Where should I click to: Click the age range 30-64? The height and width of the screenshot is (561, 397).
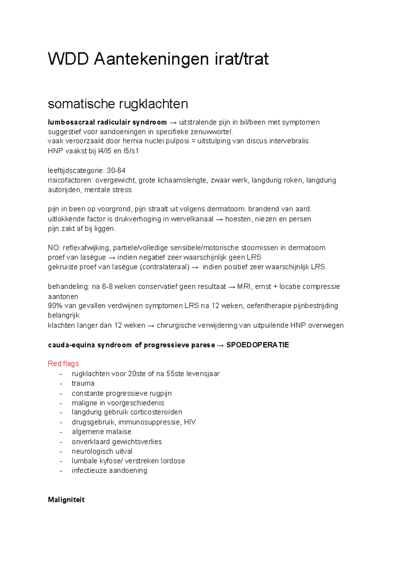pos(116,171)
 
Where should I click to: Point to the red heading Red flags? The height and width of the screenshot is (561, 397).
pos(64,364)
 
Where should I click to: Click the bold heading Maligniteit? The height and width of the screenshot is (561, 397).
pos(66,500)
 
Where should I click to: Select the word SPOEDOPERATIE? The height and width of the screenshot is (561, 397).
pos(257,345)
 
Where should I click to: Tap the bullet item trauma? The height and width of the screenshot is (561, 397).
pos(83,383)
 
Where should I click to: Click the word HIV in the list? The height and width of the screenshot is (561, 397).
pos(190,422)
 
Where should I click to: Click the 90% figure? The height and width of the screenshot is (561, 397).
pos(55,306)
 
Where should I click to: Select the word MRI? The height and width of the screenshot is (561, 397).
pos(244,287)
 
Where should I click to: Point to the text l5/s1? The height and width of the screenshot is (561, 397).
pos(131,151)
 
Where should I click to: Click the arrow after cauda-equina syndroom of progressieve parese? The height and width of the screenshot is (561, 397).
pos(220,345)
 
